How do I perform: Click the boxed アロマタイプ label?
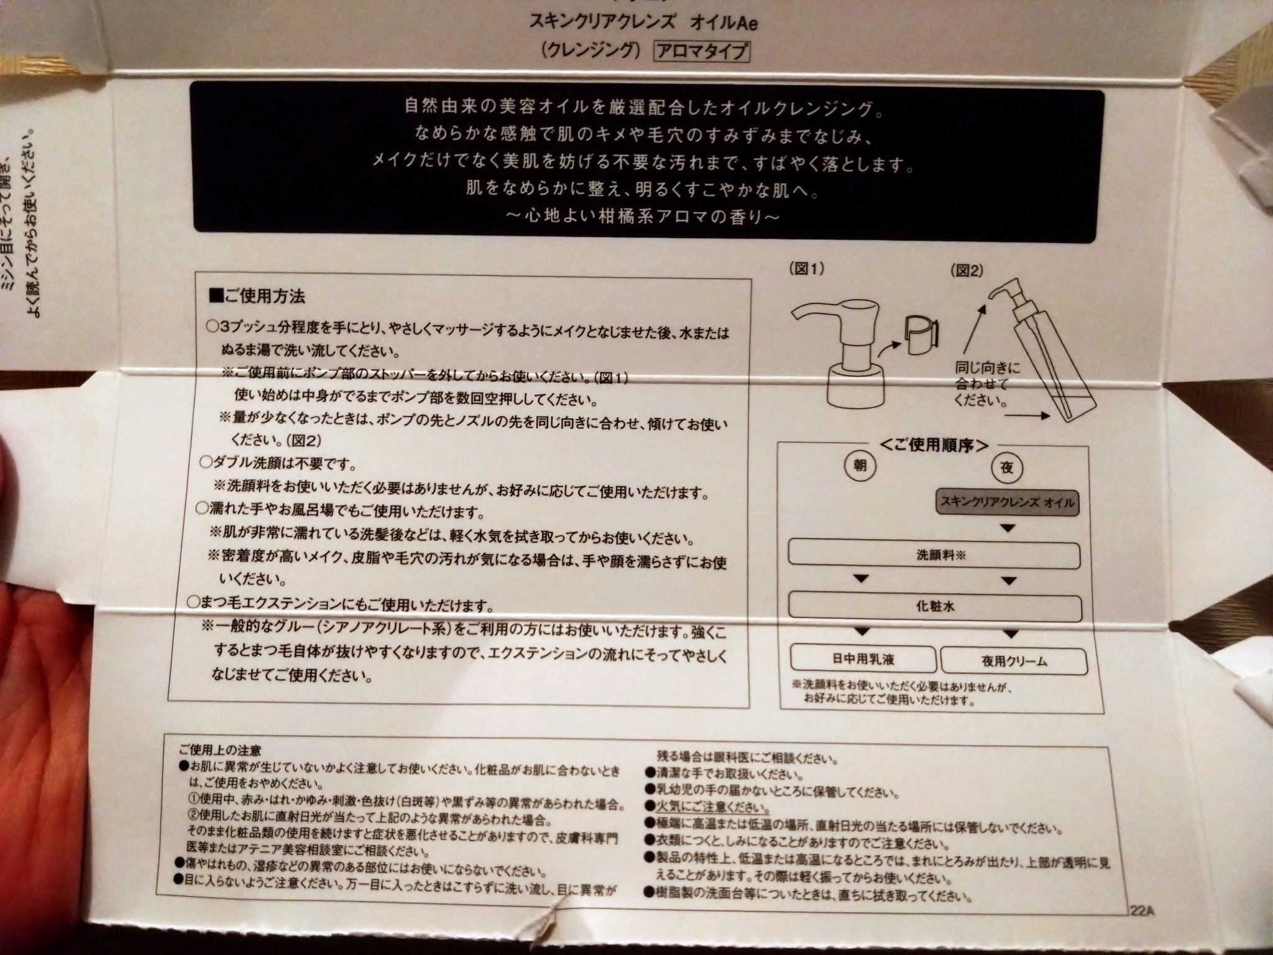point(701,52)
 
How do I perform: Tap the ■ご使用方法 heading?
point(258,297)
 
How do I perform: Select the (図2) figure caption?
point(967,270)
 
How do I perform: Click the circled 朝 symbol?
point(860,466)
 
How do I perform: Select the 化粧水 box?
point(935,606)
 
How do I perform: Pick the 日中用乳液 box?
point(863,659)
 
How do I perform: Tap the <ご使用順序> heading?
point(934,445)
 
